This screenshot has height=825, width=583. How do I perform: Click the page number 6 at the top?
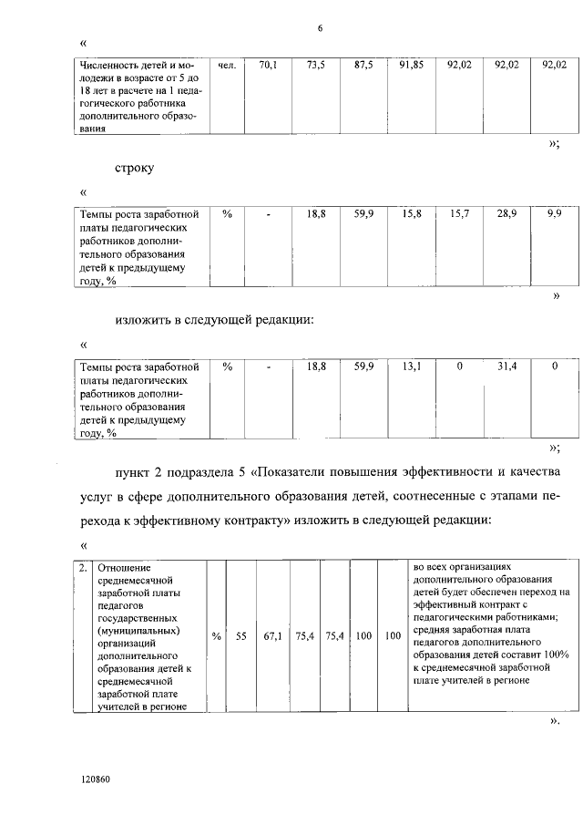coord(320,27)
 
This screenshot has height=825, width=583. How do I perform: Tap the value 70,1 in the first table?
coord(268,66)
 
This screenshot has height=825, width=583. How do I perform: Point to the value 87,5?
coord(363,66)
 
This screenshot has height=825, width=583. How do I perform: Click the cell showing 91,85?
coord(412,66)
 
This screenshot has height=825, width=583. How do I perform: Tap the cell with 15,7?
coord(459,212)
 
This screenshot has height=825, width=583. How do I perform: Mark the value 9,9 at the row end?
coord(554,212)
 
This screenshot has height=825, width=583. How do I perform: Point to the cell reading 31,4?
coord(506,366)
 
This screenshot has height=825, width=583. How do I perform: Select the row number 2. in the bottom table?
coord(83,568)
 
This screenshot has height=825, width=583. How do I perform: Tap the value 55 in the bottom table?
coord(241,637)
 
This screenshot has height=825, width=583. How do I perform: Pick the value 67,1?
coord(273,637)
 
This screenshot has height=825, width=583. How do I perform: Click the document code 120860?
coord(96,780)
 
